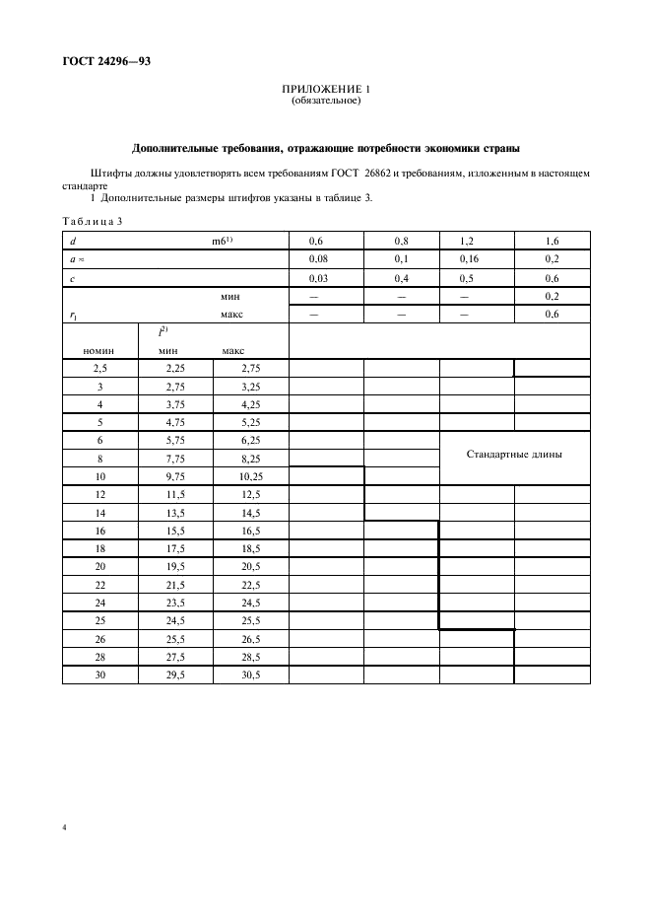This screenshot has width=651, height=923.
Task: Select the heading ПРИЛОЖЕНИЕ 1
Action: (325, 90)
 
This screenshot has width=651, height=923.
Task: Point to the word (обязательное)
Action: (325, 102)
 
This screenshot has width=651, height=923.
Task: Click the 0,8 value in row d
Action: (401, 241)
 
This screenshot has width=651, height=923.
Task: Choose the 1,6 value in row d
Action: (552, 241)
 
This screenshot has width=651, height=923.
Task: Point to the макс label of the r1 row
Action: (231, 314)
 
